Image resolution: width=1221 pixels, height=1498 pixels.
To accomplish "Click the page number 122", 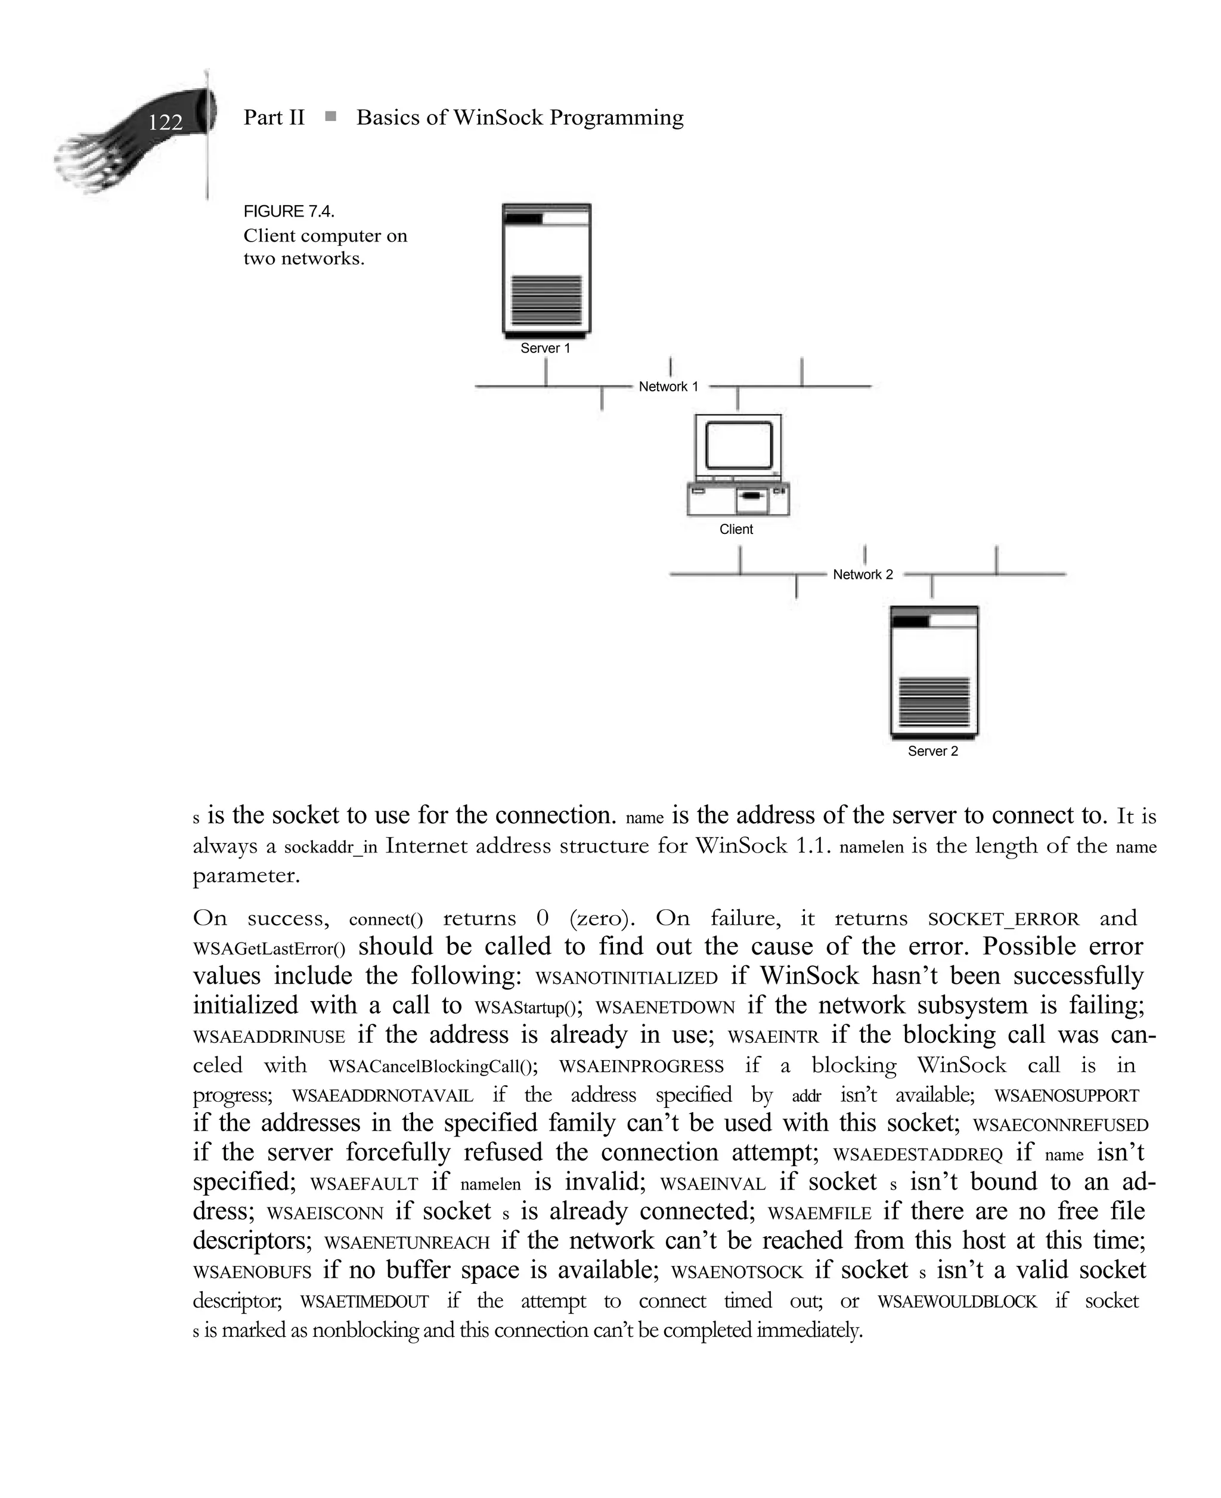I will click(165, 122).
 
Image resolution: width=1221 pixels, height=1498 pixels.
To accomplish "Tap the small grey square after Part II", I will click(330, 116).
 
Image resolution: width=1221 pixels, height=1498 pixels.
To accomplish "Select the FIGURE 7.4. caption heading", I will click(289, 211).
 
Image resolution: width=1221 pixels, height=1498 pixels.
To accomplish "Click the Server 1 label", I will click(545, 348).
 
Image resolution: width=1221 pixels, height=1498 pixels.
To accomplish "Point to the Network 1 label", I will click(668, 387).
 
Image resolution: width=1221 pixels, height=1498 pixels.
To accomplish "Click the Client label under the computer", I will click(736, 529).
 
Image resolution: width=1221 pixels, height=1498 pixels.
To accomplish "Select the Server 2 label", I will click(932, 750).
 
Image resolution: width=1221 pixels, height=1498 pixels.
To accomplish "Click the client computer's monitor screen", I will click(739, 444).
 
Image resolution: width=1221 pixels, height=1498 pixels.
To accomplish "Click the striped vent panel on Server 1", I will click(546, 299).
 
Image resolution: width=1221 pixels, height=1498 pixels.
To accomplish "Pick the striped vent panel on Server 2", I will click(934, 702).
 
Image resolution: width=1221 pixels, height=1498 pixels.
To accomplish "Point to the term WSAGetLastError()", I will click(269, 949).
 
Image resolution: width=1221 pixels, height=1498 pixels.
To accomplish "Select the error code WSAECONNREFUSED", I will click(1060, 1125).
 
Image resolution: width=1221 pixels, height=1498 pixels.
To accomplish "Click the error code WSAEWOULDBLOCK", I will click(956, 1302).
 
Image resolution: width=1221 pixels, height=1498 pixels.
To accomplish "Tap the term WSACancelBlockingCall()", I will click(433, 1067).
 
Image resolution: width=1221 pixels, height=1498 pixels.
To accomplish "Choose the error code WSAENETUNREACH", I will click(407, 1243).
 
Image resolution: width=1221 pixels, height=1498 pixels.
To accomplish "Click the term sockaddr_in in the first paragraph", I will click(330, 847).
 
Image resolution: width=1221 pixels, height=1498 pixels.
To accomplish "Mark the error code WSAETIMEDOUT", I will click(364, 1302).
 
